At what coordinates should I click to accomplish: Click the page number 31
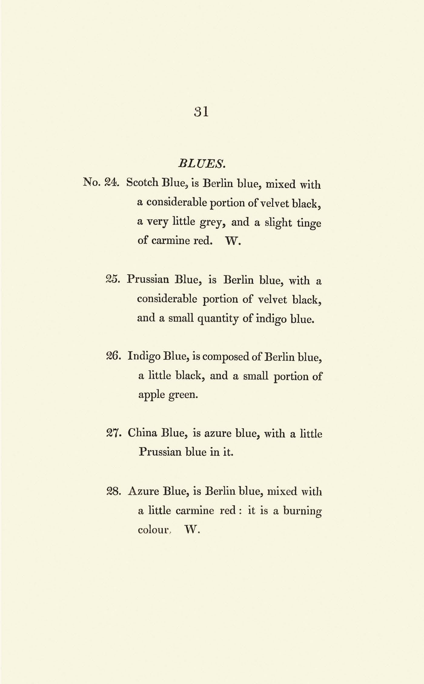coord(201,112)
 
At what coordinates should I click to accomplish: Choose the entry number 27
coord(114,433)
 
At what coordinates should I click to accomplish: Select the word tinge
coord(309,223)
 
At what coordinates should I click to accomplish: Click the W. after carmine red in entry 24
coord(233,241)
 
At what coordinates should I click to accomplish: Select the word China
coord(141,433)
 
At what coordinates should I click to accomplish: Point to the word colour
coord(153,530)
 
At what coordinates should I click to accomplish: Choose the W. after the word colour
coord(192,530)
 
